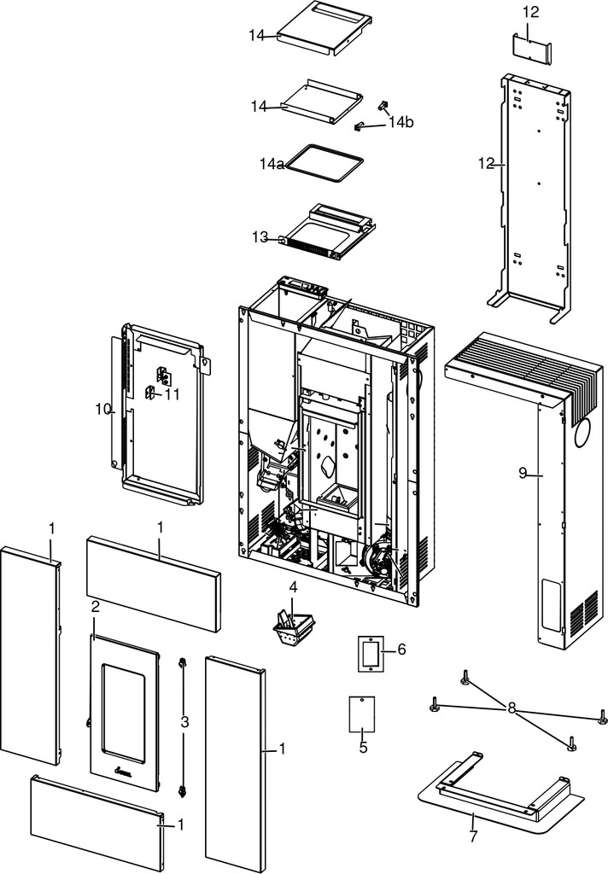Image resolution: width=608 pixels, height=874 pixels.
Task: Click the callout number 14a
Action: click(272, 164)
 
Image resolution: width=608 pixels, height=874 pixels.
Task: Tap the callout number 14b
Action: click(401, 122)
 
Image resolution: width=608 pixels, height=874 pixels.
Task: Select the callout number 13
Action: click(260, 237)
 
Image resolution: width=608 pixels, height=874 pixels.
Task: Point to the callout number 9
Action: click(523, 473)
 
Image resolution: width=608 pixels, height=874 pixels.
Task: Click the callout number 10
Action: click(103, 409)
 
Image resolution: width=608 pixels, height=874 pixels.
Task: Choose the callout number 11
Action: click(172, 394)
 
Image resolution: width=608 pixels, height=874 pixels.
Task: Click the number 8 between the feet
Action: click(512, 708)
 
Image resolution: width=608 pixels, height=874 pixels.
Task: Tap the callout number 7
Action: click(474, 836)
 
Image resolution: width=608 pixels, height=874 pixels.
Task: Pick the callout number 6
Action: click(401, 650)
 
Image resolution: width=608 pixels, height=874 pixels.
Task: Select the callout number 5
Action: click(364, 747)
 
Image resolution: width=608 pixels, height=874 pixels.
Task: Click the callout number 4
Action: click(293, 587)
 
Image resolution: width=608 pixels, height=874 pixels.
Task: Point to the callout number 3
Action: click(184, 722)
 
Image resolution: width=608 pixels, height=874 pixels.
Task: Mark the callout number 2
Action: click(96, 607)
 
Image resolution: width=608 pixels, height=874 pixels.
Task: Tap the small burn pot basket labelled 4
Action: click(294, 628)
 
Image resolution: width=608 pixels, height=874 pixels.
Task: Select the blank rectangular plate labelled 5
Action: click(362, 714)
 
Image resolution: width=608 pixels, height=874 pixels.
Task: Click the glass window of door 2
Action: click(124, 714)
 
